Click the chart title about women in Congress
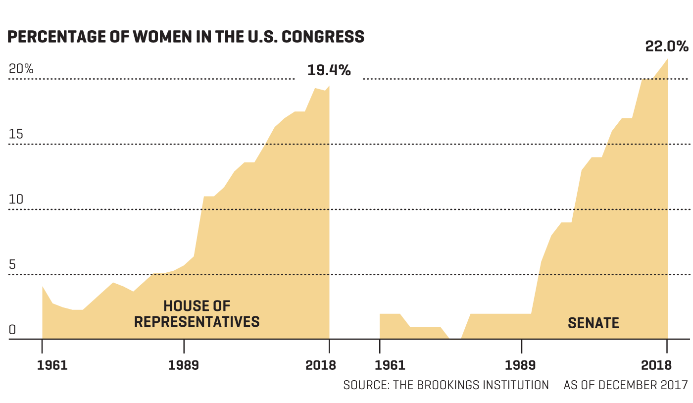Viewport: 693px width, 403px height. point(186,37)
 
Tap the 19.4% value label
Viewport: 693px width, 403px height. point(329,70)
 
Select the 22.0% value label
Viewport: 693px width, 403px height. point(666,47)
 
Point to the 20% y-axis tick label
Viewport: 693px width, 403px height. point(21,69)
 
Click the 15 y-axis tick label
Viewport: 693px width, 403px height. point(16,134)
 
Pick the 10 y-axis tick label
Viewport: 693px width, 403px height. point(16,200)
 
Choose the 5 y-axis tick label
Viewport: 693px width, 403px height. point(12,265)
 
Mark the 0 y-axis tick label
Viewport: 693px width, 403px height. point(12,330)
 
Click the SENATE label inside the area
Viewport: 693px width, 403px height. point(593,323)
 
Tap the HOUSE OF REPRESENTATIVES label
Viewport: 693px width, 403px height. point(197,314)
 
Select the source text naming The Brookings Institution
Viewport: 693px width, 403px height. point(446,385)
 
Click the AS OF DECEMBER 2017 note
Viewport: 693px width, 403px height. point(626,385)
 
